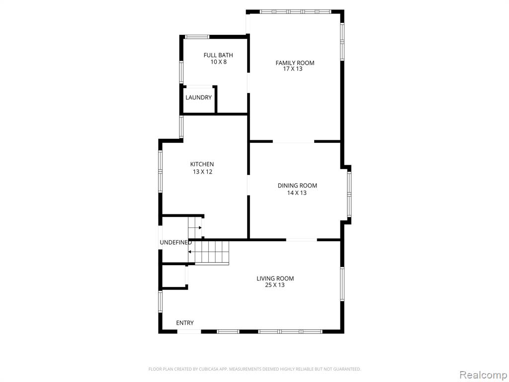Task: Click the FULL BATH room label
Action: pyautogui.click(x=218, y=55)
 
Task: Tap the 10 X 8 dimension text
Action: pyautogui.click(x=219, y=62)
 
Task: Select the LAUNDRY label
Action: pyautogui.click(x=198, y=97)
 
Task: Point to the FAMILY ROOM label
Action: pyautogui.click(x=295, y=63)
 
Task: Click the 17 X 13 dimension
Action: pyautogui.click(x=292, y=69)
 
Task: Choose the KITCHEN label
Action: pyautogui.click(x=202, y=164)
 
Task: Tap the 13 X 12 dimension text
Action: pyautogui.click(x=202, y=172)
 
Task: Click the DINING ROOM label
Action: pyautogui.click(x=297, y=186)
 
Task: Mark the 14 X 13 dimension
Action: pyautogui.click(x=297, y=193)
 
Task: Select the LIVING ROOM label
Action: pyautogui.click(x=275, y=279)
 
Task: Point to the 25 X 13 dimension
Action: pyautogui.click(x=274, y=285)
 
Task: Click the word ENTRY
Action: pyautogui.click(x=185, y=323)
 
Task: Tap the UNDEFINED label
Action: pyautogui.click(x=175, y=243)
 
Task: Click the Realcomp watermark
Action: pyautogui.click(x=483, y=375)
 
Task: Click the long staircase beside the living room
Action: pyautogui.click(x=209, y=252)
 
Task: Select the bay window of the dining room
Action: pyautogui.click(x=349, y=194)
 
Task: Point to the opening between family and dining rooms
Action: pyautogui.click(x=293, y=142)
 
